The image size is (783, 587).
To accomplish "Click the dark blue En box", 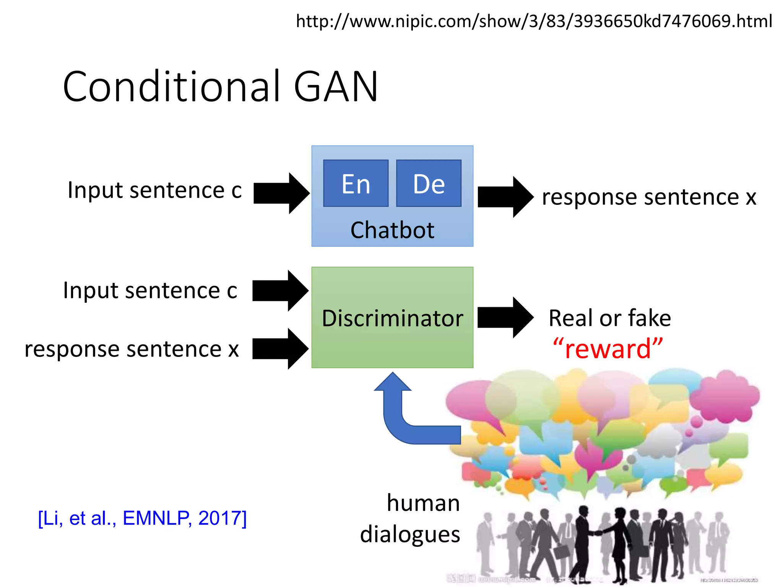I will pyautogui.click(x=356, y=183).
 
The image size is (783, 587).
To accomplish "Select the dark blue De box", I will pyautogui.click(x=429, y=183).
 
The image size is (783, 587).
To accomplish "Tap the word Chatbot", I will pyautogui.click(x=392, y=230).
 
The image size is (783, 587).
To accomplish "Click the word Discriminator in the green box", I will pyautogui.click(x=392, y=318).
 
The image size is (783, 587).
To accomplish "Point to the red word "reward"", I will pyautogui.click(x=608, y=349).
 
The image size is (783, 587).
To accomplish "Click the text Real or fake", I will pyautogui.click(x=609, y=318).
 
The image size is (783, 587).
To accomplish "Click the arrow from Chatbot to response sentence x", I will pyautogui.click(x=505, y=197).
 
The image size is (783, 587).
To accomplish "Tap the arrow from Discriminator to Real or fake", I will pyautogui.click(x=505, y=317).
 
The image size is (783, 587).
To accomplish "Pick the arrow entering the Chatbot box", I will pyautogui.click(x=281, y=193).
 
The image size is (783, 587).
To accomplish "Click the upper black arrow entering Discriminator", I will pyautogui.click(x=280, y=290).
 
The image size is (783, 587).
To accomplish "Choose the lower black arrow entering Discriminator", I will pyautogui.click(x=280, y=349).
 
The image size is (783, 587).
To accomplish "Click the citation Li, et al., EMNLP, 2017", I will pyautogui.click(x=142, y=518).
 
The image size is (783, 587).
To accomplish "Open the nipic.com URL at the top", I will pyautogui.click(x=534, y=21).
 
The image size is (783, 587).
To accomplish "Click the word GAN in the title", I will pyautogui.click(x=336, y=87).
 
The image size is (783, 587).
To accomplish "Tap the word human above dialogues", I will pyautogui.click(x=423, y=503).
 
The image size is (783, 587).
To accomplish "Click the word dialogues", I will pyautogui.click(x=410, y=534).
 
